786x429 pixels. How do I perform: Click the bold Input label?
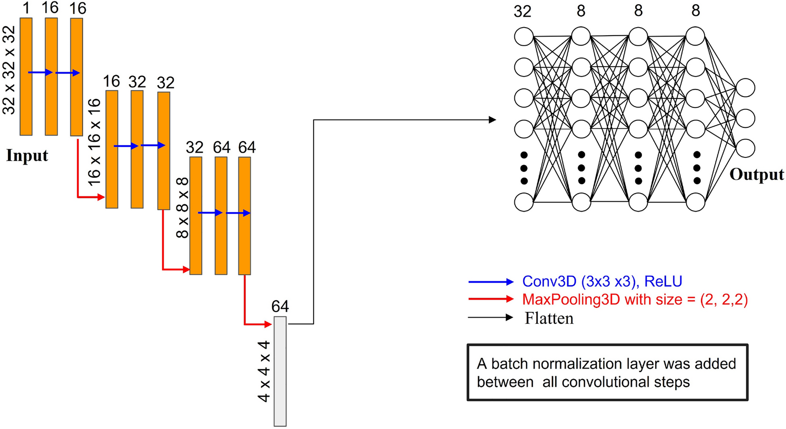tap(27, 156)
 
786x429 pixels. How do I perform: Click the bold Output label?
tap(756, 175)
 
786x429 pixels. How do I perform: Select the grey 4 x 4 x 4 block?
tap(280, 371)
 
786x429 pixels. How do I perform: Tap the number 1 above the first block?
tap(26, 8)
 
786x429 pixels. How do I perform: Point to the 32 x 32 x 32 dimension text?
tap(9, 70)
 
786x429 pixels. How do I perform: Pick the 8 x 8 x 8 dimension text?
tap(182, 207)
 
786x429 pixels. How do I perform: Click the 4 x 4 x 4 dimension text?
tap(264, 371)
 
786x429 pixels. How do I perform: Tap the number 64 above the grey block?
tap(280, 306)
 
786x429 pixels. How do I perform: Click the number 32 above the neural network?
tap(522, 11)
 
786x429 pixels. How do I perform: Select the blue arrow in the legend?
tap(491, 282)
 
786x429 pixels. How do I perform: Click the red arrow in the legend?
tap(491, 300)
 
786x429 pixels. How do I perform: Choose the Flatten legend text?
tap(549, 318)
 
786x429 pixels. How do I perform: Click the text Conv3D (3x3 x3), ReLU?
tap(602, 282)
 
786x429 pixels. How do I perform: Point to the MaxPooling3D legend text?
tap(635, 300)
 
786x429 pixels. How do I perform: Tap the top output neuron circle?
tap(745, 88)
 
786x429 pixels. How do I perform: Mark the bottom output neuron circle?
tap(745, 148)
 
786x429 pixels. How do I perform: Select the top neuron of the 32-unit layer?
tap(523, 37)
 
